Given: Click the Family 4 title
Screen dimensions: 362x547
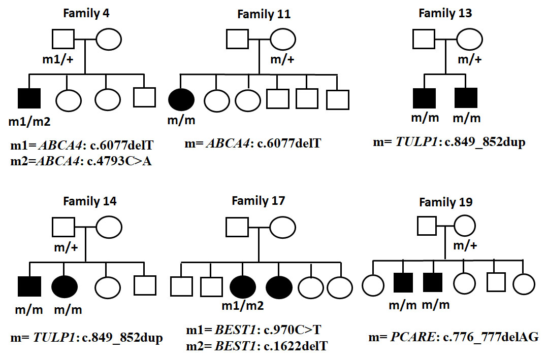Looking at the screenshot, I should pos(86,13).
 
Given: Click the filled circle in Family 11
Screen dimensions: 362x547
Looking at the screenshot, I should pos(181,100).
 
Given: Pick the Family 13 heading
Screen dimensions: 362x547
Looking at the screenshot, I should pos(445,13).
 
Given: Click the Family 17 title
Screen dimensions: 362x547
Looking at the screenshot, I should pos(258,200).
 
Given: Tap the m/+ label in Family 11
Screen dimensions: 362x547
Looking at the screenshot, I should pos(282,60).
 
